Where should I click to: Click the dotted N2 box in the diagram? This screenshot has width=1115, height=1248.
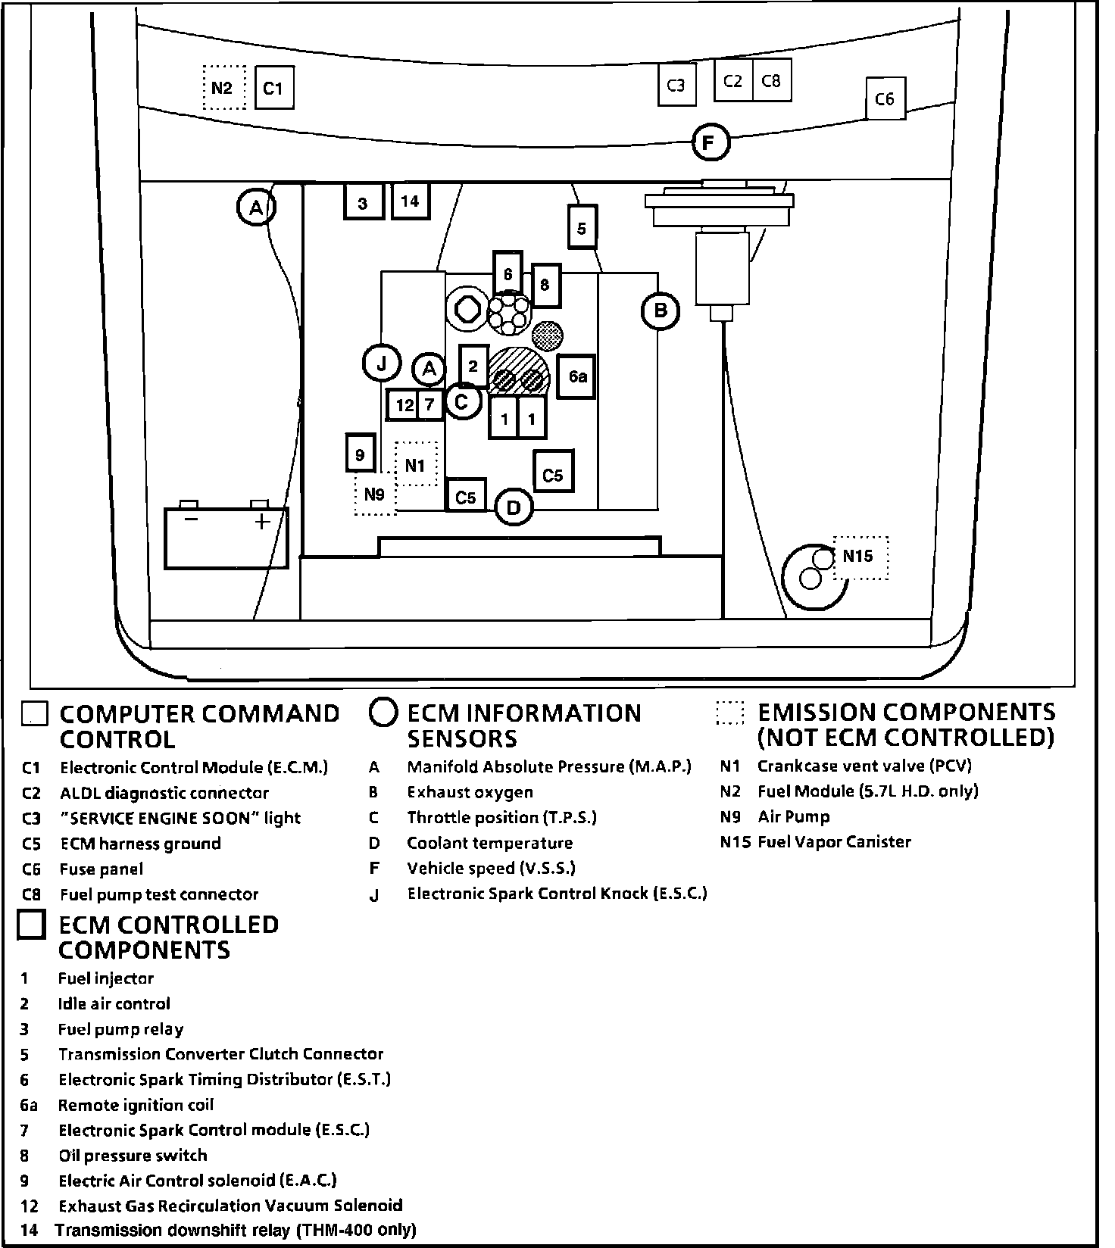pyautogui.click(x=223, y=88)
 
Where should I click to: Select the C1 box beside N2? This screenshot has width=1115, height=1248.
pyautogui.click(x=273, y=88)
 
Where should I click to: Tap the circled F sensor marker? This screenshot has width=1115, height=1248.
pyautogui.click(x=710, y=142)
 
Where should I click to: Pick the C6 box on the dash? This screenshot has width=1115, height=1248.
pyautogui.click(x=885, y=98)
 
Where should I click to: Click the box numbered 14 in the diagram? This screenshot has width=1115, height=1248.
pyautogui.click(x=410, y=201)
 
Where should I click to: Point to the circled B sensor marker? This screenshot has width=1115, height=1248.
pyautogui.click(x=661, y=310)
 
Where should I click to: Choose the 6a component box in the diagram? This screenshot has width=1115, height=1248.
pyautogui.click(x=577, y=376)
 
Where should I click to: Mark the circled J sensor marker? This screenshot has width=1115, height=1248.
pyautogui.click(x=382, y=365)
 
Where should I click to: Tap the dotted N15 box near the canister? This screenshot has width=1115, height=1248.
pyautogui.click(x=860, y=557)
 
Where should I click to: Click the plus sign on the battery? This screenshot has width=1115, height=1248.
pyautogui.click(x=262, y=522)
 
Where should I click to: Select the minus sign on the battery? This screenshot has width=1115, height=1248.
pyautogui.click(x=192, y=519)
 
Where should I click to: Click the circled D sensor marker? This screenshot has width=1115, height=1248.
pyautogui.click(x=514, y=507)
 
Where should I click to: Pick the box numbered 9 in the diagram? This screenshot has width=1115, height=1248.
pyautogui.click(x=361, y=455)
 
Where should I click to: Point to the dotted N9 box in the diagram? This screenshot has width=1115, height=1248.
pyautogui.click(x=375, y=495)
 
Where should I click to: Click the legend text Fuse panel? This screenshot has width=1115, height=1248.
pyautogui.click(x=102, y=869)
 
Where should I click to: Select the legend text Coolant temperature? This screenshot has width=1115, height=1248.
pyautogui.click(x=489, y=844)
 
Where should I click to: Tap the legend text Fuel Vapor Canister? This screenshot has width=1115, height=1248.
pyautogui.click(x=834, y=842)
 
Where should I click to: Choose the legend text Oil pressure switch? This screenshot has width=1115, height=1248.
pyautogui.click(x=133, y=1156)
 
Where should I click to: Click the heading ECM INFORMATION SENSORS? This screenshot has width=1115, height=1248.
pyautogui.click(x=523, y=725)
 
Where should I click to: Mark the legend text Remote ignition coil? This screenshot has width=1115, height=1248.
pyautogui.click(x=136, y=1105)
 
